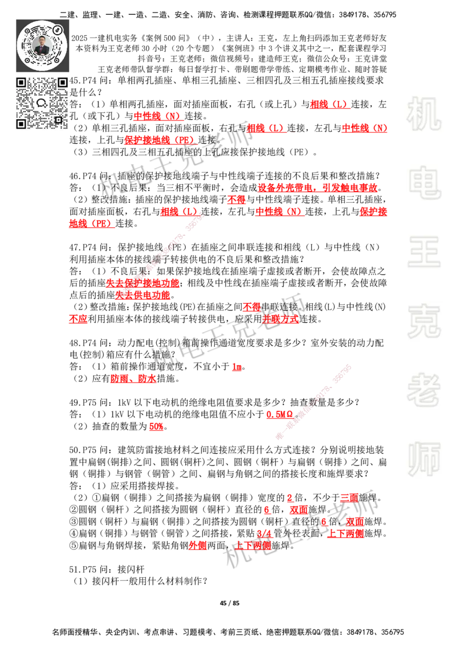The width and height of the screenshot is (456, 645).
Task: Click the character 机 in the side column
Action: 424,113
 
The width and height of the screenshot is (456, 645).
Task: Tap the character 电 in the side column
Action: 426,182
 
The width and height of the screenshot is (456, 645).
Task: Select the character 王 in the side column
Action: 424,252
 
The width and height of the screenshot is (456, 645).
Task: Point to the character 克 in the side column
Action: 424,321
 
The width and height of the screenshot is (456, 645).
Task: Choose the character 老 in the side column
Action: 424,390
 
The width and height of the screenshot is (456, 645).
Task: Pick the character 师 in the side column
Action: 424,460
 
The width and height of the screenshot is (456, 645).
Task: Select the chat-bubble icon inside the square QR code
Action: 42,103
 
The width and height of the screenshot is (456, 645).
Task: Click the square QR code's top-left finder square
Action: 22,83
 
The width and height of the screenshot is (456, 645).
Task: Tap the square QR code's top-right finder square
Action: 63,83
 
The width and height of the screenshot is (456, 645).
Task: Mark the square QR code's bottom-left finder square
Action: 22,124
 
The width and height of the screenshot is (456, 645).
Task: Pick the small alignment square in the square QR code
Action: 58,120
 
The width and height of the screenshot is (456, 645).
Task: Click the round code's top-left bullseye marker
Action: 27,31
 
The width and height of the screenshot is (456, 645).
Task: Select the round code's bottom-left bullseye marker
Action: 27,60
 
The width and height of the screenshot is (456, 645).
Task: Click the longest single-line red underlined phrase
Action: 317,187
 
